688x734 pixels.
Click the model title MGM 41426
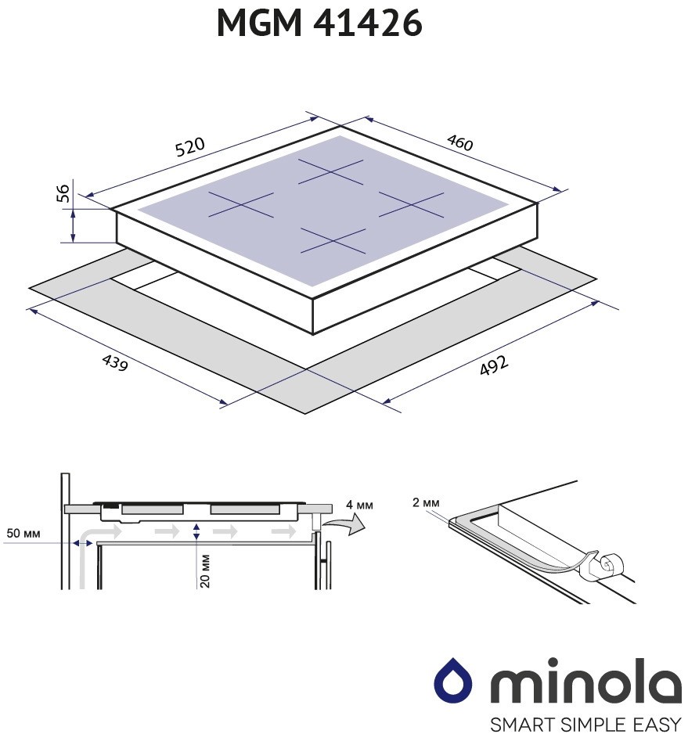(320, 23)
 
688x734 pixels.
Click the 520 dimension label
(189, 146)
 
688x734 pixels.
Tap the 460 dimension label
(460, 142)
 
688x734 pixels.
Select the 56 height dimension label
(63, 192)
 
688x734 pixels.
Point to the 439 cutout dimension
(115, 362)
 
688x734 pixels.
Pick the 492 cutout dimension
(494, 365)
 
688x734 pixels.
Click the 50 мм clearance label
(23, 533)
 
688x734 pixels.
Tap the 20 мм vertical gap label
(204, 570)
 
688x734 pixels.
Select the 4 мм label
(360, 505)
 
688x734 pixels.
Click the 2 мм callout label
(426, 502)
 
